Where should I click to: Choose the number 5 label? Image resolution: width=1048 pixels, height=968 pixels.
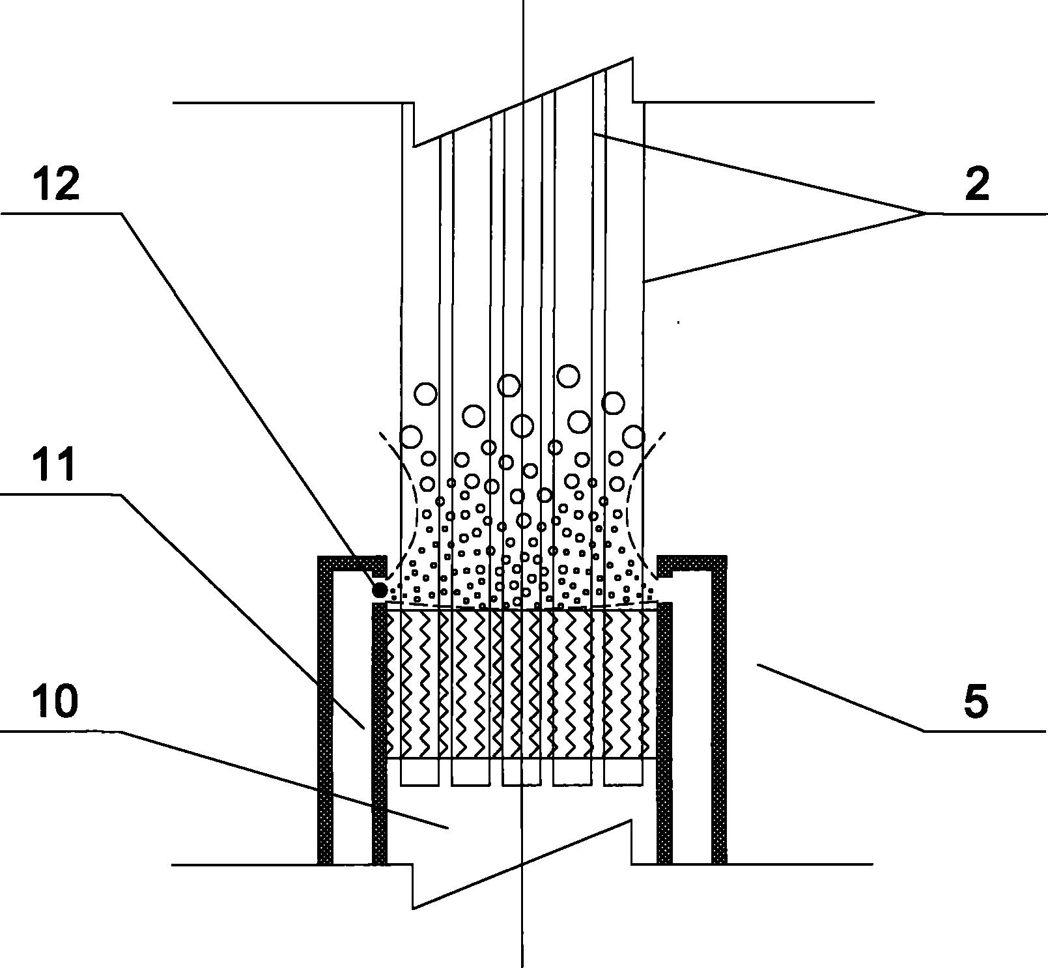pyautogui.click(x=975, y=702)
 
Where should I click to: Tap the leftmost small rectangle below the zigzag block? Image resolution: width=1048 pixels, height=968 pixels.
pyautogui.click(x=420, y=772)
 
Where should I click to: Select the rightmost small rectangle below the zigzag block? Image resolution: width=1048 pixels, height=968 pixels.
pyautogui.click(x=623, y=772)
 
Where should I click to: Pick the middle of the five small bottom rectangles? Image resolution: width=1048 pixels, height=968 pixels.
pyautogui.click(x=522, y=772)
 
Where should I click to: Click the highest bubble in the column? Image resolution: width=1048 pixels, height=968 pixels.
pyautogui.click(x=569, y=376)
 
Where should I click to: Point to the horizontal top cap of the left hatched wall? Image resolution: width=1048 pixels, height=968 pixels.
pyautogui.click(x=352, y=562)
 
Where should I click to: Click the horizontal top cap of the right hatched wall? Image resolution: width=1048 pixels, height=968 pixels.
pyautogui.click(x=692, y=562)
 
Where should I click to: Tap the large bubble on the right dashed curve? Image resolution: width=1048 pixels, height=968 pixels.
pyautogui.click(x=634, y=436)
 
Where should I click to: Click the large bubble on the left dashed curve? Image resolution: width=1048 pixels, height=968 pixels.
pyautogui.click(x=411, y=436)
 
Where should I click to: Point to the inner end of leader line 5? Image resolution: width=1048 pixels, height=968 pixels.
pyautogui.click(x=757, y=664)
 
